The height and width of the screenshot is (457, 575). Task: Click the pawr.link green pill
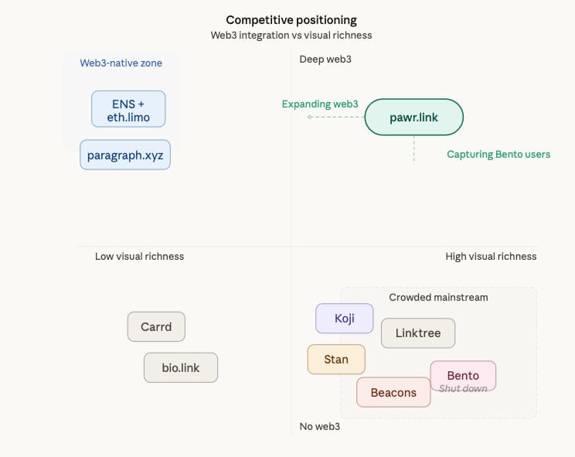[x=413, y=118]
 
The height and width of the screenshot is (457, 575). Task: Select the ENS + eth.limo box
[x=128, y=109]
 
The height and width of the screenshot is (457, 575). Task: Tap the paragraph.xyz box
[x=125, y=155]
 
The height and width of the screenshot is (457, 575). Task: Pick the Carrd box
[x=156, y=326]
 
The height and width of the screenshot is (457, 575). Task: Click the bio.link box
[x=181, y=367]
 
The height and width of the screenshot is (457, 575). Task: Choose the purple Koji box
[x=345, y=318]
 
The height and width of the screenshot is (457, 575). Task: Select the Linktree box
[x=418, y=333]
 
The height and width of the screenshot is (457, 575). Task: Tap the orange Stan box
[x=336, y=359]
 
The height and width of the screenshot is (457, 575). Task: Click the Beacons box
[x=393, y=392]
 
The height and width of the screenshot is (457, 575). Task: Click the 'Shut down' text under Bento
[x=463, y=388]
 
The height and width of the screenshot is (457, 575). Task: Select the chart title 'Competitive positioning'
[x=291, y=19]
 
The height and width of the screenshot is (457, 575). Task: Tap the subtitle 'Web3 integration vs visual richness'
[x=291, y=35]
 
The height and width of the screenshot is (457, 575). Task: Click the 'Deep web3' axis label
[x=325, y=60]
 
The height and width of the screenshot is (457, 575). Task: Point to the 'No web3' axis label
[x=320, y=426]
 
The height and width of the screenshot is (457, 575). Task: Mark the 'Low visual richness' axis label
[x=139, y=256]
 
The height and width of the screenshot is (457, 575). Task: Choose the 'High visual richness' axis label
[x=491, y=256]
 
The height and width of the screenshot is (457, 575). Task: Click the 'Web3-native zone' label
[x=121, y=63]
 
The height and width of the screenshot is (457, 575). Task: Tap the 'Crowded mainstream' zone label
[x=438, y=297]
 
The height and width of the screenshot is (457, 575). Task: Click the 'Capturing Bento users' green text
[x=498, y=154]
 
